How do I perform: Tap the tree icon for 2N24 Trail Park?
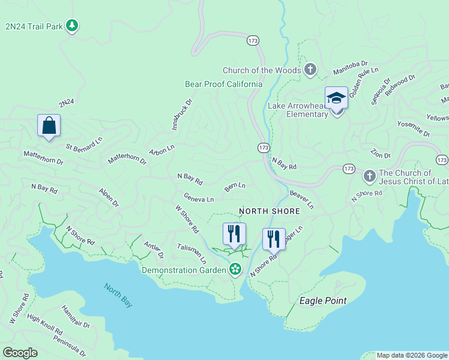coord(72,26)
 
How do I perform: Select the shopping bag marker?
coord(49,126)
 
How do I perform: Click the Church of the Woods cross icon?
coord(310,70)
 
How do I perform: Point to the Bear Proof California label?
coord(223,84)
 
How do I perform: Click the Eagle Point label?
coord(323,301)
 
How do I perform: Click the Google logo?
coord(20,353)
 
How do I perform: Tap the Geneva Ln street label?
coord(199,199)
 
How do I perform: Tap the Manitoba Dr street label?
coord(350,71)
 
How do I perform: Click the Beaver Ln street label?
coord(301,200)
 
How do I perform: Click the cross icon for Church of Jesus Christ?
coord(369,177)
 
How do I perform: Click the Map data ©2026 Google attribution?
coord(412,355)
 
